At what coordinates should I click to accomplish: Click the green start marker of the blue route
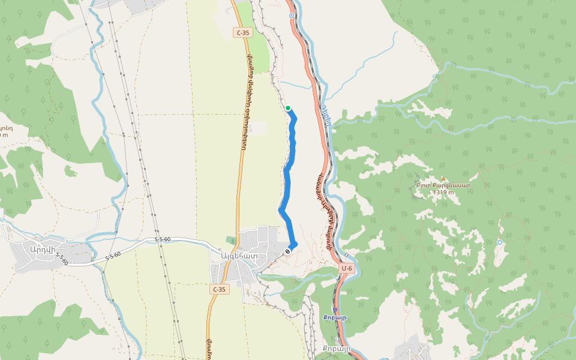[288, 108]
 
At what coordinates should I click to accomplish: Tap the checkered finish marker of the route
[288, 251]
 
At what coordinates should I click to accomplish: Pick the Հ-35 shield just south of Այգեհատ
[220, 289]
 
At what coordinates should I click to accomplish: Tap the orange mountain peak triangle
[443, 178]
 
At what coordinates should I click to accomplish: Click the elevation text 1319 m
[445, 193]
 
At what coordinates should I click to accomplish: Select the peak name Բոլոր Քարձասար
[443, 185]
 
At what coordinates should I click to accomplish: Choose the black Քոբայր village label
[335, 349]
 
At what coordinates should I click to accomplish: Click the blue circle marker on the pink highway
[292, 16]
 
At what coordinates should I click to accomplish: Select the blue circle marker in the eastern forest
[500, 242]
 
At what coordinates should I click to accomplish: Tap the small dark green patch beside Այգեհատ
[231, 240]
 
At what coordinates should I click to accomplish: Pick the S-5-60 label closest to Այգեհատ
[163, 239]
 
